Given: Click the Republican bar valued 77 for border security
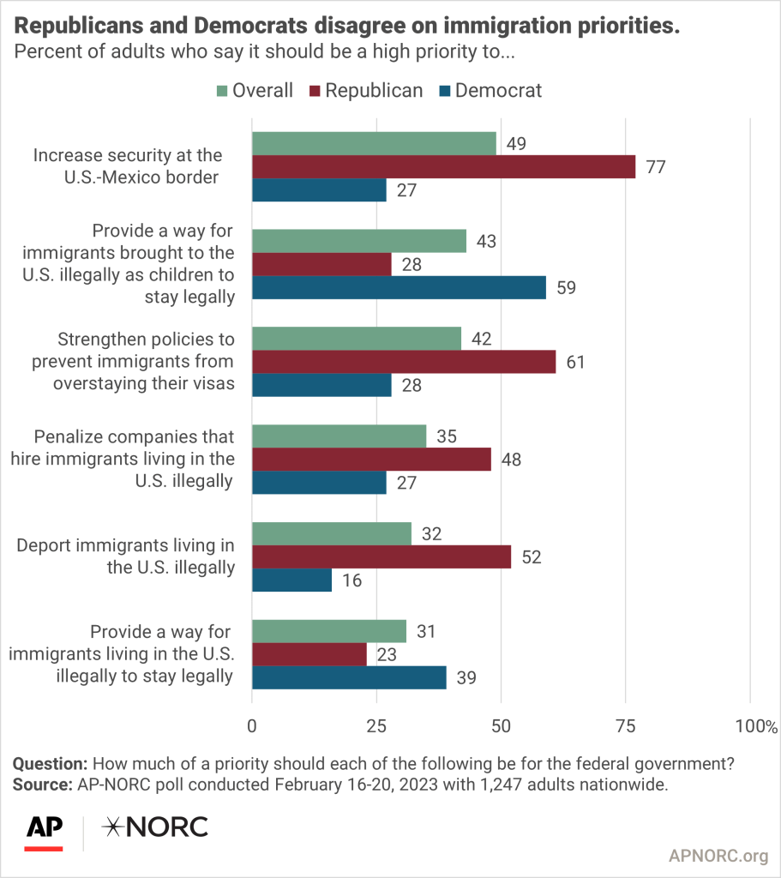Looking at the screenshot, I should (443, 166).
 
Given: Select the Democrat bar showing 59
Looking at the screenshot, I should (399, 287).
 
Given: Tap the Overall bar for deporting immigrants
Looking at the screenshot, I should (331, 533).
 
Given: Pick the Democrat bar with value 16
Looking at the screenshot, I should (291, 580).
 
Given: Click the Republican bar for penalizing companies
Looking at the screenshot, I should (371, 460).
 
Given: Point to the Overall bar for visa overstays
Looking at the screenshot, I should (356, 339).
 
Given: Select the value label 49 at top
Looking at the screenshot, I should (517, 143).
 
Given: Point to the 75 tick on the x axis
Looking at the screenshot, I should (626, 726).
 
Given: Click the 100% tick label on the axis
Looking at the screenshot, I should (754, 726).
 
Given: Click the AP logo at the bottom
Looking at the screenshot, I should (44, 828).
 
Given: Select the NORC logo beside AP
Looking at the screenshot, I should (154, 827).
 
